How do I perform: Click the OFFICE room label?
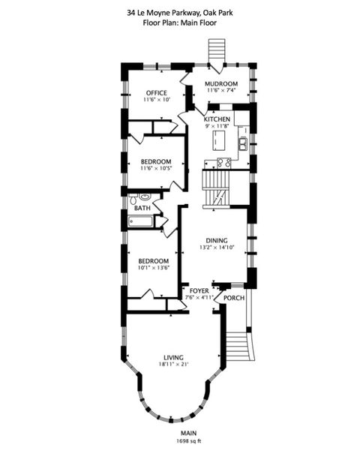click(156, 93)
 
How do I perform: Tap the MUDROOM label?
click(221, 83)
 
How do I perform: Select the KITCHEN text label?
click(217, 119)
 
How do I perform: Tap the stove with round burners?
click(223, 163)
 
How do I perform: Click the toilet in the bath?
click(133, 200)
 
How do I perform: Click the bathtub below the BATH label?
click(140, 221)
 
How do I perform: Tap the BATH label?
click(142, 208)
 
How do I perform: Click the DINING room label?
click(218, 240)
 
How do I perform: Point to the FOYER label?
click(199, 290)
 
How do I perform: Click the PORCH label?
click(234, 297)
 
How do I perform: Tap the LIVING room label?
click(174, 357)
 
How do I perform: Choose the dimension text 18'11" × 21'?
click(173, 365)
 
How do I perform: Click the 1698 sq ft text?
click(187, 441)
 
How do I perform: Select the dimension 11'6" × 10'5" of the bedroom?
click(155, 169)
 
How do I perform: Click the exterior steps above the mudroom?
click(216, 53)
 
